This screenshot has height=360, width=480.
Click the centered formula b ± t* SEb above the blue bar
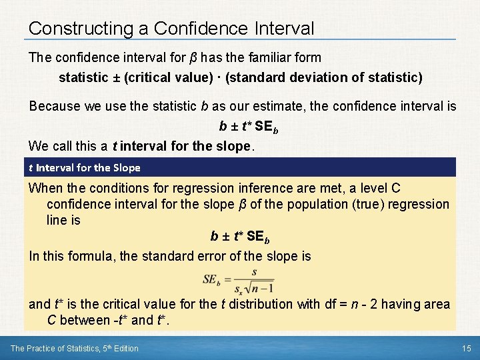coord(248,126)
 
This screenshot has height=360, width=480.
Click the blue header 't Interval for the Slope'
coord(84,167)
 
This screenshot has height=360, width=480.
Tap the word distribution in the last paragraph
coord(263,305)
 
